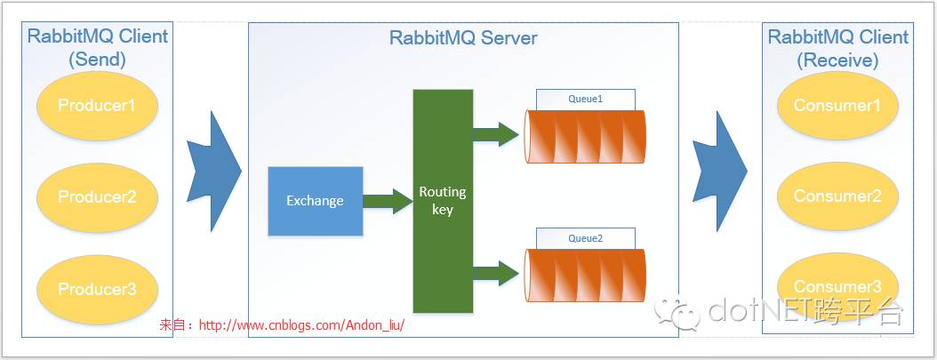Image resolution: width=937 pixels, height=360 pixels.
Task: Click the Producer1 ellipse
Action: [97, 106]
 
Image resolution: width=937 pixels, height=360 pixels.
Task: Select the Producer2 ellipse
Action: [97, 196]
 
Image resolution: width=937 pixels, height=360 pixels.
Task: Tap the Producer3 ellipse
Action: [97, 289]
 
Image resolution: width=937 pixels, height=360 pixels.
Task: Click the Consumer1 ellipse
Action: [837, 106]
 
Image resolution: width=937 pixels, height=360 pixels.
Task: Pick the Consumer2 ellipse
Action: [837, 196]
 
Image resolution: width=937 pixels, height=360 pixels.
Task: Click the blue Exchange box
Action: [315, 201]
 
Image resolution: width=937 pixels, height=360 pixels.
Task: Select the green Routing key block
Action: [442, 201]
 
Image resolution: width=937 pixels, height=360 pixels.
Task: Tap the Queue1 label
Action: [585, 99]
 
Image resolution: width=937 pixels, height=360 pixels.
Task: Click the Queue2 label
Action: [585, 238]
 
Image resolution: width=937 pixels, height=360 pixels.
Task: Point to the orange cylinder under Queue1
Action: [585, 137]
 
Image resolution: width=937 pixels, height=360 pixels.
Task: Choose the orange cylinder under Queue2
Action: [585, 276]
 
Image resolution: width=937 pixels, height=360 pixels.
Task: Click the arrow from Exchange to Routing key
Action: [388, 201]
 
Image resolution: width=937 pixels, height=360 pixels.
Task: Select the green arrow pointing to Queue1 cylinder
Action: [495, 134]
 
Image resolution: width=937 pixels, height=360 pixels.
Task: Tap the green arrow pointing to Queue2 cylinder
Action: [495, 273]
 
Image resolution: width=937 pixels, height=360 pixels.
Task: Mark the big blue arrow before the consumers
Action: [719, 172]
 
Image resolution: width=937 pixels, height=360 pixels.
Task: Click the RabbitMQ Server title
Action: [463, 38]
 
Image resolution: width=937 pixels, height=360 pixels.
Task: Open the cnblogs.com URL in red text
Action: [301, 325]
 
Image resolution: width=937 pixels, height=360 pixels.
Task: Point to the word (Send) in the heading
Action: [97, 60]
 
